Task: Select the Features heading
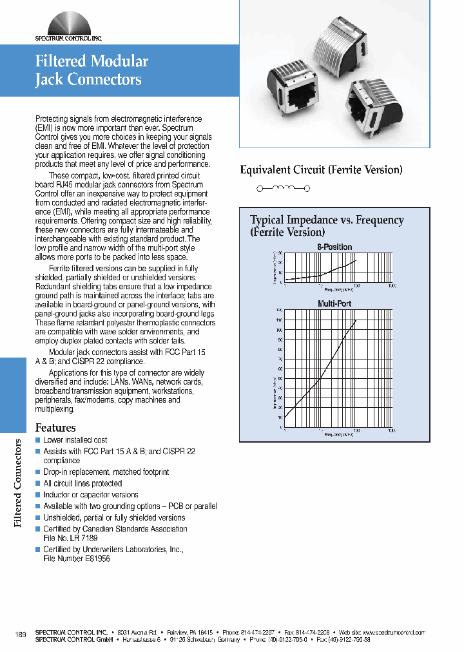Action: (x=55, y=428)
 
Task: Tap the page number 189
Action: (x=20, y=635)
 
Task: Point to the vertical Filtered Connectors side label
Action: (x=19, y=483)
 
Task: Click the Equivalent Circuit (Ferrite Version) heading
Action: (x=321, y=170)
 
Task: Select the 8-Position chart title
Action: (x=334, y=247)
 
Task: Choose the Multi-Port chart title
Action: (x=334, y=303)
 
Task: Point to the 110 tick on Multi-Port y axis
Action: (x=279, y=320)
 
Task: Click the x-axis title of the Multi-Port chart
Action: (x=339, y=435)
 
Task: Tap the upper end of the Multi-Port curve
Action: (x=356, y=320)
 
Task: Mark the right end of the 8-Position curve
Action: (x=356, y=261)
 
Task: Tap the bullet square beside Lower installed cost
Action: (x=37, y=440)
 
